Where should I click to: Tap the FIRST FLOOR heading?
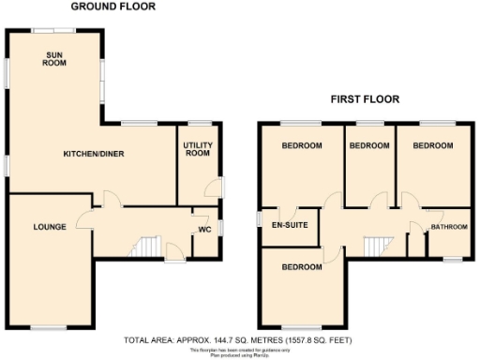pos(365,98)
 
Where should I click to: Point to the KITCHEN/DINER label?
pos(94,154)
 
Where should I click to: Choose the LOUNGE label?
pos(49,227)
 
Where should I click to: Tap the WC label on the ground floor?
pos(203,230)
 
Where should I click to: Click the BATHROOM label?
pos(447,228)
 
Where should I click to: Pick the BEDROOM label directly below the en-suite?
pos(303,267)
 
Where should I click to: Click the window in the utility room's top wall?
pos(199,123)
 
